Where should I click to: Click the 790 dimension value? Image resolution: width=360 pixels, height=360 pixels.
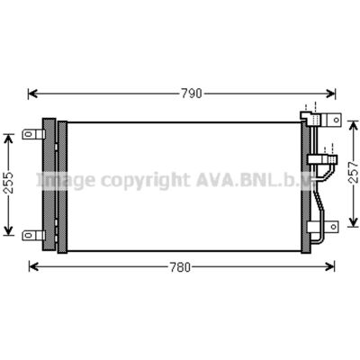[x=192, y=94]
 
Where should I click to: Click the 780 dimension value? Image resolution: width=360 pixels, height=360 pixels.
[x=180, y=267]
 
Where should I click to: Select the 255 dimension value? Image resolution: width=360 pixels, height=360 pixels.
[x=9, y=183]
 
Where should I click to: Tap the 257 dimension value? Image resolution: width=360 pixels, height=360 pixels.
[x=354, y=172]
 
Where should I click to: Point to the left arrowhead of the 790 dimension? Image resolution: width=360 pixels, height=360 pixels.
[x=32, y=94]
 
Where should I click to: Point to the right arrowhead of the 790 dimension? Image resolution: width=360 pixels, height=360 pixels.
[x=330, y=94]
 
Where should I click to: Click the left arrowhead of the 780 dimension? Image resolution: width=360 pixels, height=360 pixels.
[x=33, y=266]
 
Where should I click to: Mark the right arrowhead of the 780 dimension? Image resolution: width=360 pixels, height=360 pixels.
[x=329, y=266]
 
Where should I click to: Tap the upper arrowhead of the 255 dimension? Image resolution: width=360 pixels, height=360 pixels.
[x=9, y=139]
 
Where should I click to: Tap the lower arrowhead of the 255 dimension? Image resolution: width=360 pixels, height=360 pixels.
[x=9, y=230]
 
